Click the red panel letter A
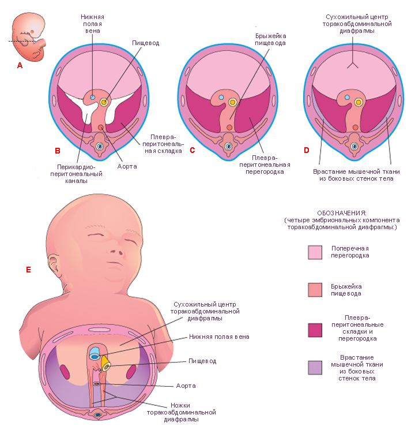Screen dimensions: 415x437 click(20, 65)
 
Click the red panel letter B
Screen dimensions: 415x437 click(58, 151)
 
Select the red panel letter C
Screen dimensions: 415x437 click(193, 150)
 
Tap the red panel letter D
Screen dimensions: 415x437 click(307, 150)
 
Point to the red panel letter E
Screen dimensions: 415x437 click(28, 270)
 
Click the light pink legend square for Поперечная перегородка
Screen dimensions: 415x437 click(315, 252)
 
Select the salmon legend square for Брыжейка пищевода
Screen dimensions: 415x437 click(315, 290)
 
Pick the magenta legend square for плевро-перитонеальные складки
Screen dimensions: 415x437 click(315, 330)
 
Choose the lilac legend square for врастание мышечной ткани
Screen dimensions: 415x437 click(315, 368)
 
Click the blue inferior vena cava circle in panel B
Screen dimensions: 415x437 click(93, 97)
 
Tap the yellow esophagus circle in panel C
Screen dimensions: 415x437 click(232, 102)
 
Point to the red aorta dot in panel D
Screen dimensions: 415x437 click(356, 128)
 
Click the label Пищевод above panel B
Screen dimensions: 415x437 click(146, 43)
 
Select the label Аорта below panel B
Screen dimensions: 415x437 click(127, 166)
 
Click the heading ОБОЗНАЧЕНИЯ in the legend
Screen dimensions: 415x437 click(342, 213)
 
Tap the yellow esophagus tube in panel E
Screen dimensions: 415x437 click(106, 363)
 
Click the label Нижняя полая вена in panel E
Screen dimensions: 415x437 click(219, 337)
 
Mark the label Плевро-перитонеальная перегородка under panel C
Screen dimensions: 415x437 click(265, 165)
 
